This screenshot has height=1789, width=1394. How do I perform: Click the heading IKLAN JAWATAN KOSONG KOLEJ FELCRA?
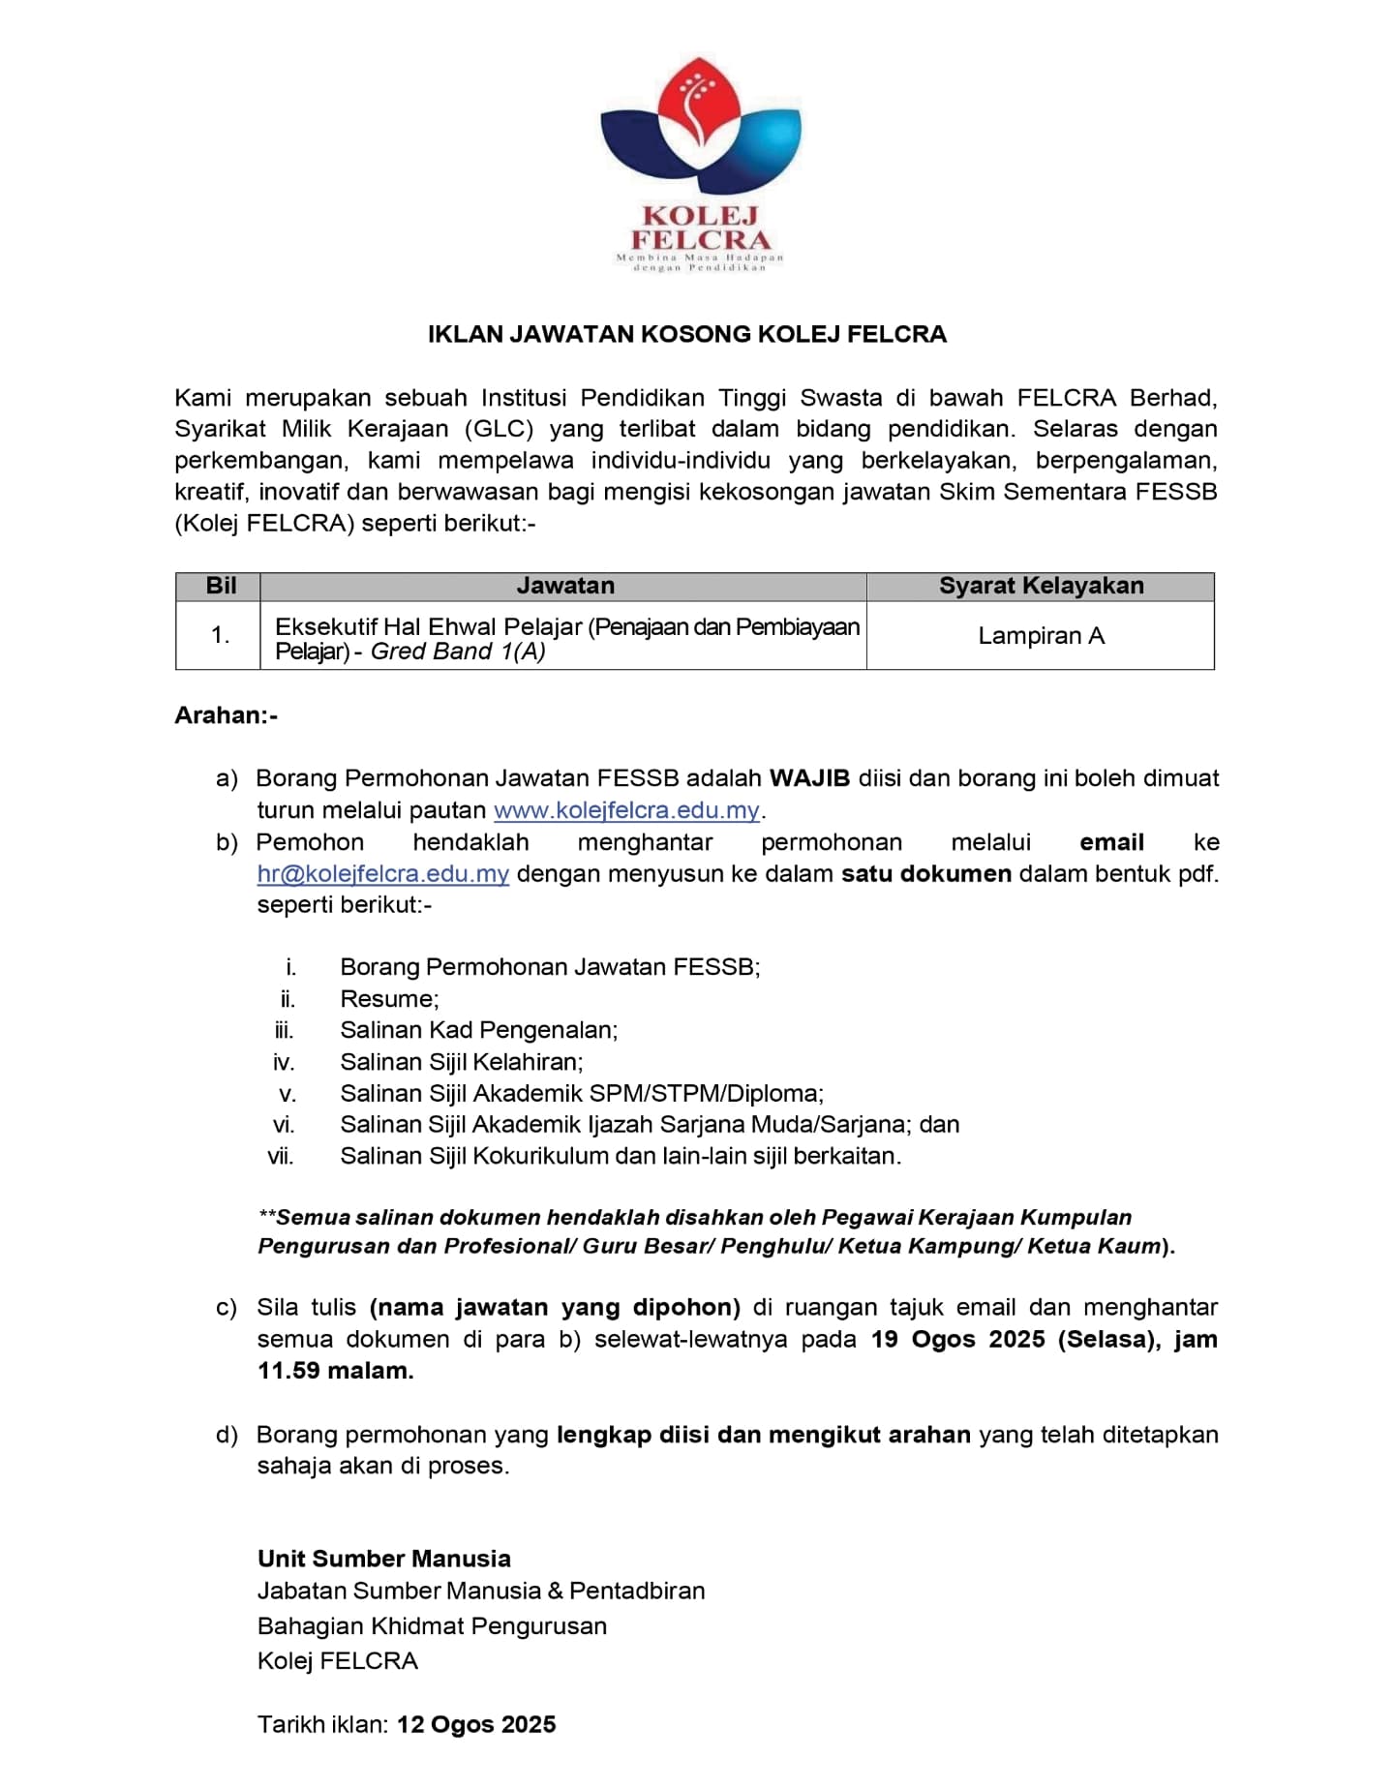[687, 334]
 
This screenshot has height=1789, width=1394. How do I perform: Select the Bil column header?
[221, 586]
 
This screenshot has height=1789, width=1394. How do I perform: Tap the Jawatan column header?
[565, 586]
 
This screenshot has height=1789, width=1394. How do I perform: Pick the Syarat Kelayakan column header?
[1041, 586]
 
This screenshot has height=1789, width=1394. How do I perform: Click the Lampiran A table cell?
[1041, 636]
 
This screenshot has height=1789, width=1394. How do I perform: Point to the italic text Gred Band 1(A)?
[458, 652]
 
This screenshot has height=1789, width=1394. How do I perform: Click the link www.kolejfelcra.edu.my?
[626, 810]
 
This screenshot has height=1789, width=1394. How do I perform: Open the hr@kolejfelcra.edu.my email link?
[383, 874]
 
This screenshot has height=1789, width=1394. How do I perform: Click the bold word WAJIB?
[809, 778]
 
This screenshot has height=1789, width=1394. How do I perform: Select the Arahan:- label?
[226, 715]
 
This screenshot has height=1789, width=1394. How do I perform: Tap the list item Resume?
[389, 999]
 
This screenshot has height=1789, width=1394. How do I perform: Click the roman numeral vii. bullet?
[281, 1156]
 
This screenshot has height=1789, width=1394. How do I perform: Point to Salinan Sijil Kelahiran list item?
[462, 1062]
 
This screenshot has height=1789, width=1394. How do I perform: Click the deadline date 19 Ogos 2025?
[958, 1340]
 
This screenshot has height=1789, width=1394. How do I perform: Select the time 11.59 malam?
[335, 1371]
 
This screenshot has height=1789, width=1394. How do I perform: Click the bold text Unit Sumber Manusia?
[383, 1559]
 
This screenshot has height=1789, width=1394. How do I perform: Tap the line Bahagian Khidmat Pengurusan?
[432, 1625]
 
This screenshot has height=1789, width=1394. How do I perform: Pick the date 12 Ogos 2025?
[476, 1724]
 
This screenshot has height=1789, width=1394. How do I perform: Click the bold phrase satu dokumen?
[926, 874]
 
